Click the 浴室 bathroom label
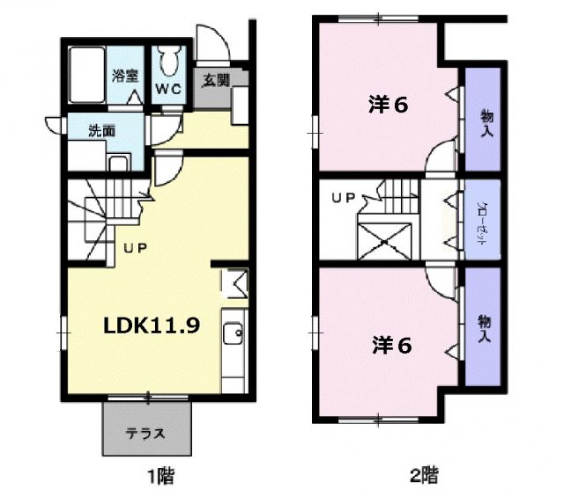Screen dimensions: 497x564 124,76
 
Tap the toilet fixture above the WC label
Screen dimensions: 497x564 171,62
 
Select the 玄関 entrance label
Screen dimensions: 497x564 217,81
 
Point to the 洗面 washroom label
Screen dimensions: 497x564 101,129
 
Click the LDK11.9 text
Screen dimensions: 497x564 152,325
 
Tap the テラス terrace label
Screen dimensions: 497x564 146,434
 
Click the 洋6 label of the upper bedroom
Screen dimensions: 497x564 388,105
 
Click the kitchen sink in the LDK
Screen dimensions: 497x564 234,334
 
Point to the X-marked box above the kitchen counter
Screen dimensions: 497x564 234,282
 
